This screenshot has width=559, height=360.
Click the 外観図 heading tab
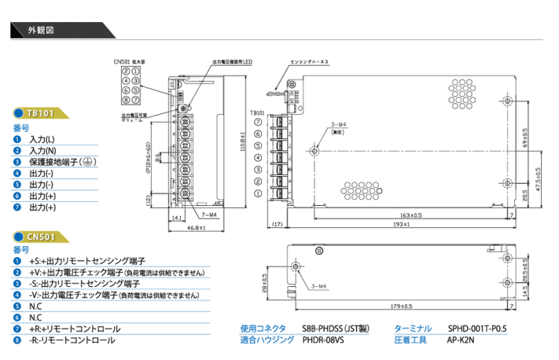click(x=42, y=31)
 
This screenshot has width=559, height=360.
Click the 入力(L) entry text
click(x=42, y=138)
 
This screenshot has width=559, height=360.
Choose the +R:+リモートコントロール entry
click(x=75, y=329)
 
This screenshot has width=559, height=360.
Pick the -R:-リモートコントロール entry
click(x=72, y=340)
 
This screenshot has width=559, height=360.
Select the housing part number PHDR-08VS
click(x=325, y=340)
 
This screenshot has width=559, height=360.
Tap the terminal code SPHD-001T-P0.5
click(x=477, y=329)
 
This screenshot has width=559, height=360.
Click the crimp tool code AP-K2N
click(x=462, y=340)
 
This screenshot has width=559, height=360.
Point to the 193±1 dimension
click(x=400, y=224)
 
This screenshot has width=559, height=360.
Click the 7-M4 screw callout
click(x=209, y=214)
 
